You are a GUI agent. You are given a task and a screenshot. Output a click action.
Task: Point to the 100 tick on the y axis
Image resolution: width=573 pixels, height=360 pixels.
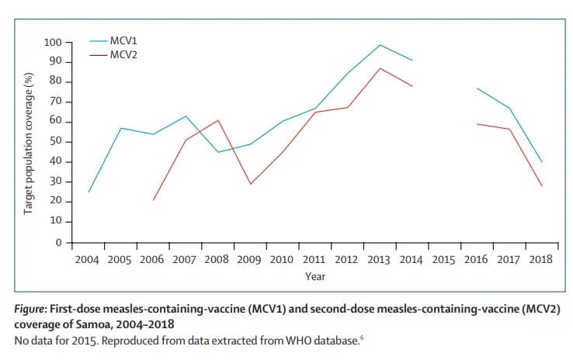pyautogui.click(x=52, y=42)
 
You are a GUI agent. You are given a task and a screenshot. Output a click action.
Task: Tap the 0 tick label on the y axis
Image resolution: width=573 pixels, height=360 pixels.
pyautogui.click(x=57, y=243)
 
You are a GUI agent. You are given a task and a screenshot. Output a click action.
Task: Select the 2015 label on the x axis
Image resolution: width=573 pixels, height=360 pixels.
pyautogui.click(x=443, y=259)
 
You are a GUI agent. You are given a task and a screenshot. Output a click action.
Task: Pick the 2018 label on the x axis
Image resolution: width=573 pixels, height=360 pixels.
pyautogui.click(x=540, y=259)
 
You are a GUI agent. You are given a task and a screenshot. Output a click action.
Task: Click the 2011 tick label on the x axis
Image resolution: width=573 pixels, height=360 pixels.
pyautogui.click(x=314, y=259)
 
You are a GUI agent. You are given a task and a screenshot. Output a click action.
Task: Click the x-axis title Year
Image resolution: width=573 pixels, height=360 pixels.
pyautogui.click(x=314, y=275)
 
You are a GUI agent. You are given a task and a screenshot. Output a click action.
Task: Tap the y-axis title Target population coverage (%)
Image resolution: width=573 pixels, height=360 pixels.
pyautogui.click(x=28, y=142)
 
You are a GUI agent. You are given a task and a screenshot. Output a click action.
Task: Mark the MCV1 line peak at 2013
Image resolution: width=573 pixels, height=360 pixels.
pyautogui.click(x=380, y=45)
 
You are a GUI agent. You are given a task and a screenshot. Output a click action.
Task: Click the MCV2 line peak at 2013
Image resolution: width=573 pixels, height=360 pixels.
pyautogui.click(x=380, y=68)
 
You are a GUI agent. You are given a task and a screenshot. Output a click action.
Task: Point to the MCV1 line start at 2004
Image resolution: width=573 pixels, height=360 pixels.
pyautogui.click(x=89, y=192)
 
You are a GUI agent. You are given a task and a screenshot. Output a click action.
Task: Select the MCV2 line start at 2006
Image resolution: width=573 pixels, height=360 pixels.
pyautogui.click(x=153, y=200)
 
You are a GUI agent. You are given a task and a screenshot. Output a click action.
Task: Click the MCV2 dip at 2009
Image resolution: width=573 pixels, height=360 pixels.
pyautogui.click(x=250, y=184)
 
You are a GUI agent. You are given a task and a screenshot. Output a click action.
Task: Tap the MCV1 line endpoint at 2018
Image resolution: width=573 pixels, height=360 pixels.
pyautogui.click(x=541, y=162)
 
